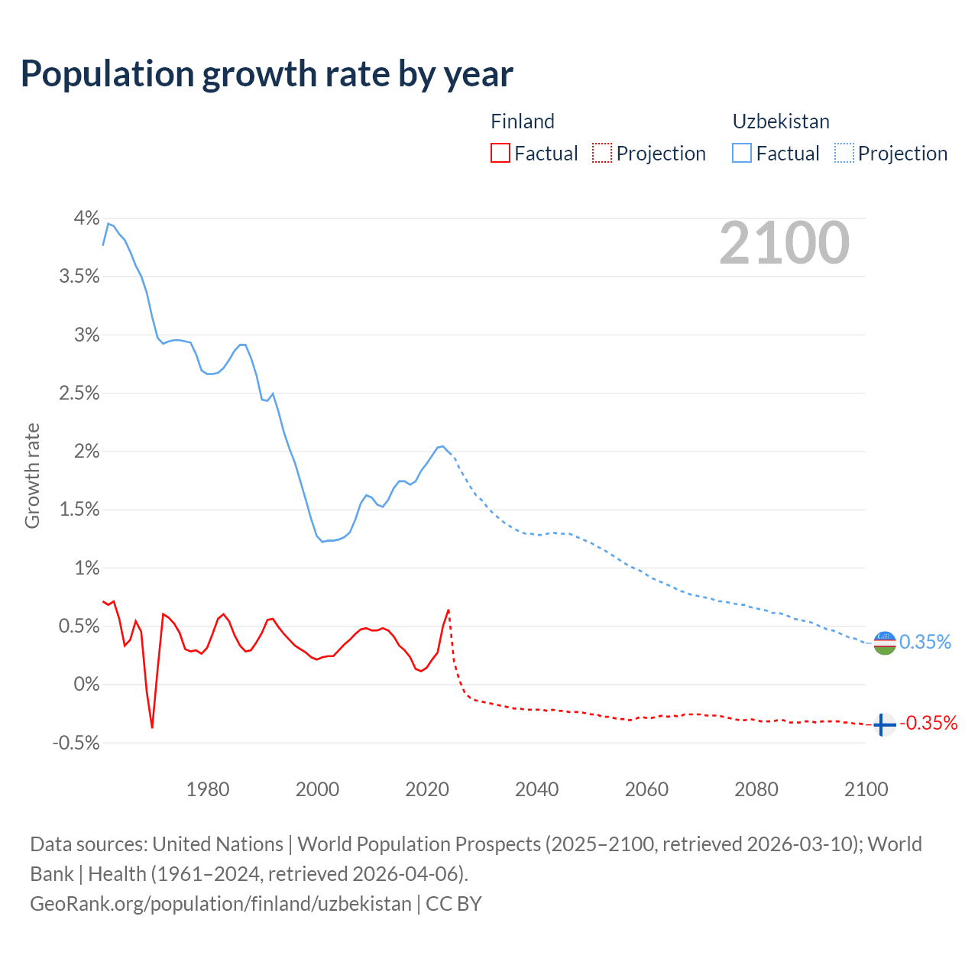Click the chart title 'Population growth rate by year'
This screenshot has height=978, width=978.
[267, 74]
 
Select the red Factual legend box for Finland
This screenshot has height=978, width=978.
[500, 153]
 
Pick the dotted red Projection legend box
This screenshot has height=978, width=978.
[602, 153]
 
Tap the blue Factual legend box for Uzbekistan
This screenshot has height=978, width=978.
[742, 153]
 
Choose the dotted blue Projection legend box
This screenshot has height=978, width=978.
[844, 153]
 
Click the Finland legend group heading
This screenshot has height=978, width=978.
[523, 121]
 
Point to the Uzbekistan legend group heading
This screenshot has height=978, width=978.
[781, 121]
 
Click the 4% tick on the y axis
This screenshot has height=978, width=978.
[86, 219]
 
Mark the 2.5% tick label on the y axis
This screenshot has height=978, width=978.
[79, 393]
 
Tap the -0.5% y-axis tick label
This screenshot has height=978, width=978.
[76, 743]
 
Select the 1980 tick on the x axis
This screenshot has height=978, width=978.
[208, 789]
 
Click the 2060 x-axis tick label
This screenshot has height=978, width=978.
[646, 789]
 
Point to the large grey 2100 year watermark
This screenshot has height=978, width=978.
[784, 243]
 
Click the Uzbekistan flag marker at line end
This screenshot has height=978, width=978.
[884, 643]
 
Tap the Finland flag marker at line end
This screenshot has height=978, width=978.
[884, 724]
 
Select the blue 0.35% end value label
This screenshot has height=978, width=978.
[925, 643]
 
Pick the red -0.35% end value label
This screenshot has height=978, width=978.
[928, 724]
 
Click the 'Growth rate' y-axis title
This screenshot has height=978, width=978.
[32, 475]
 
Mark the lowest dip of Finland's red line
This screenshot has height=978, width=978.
[152, 727]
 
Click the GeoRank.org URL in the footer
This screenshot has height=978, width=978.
[221, 904]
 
